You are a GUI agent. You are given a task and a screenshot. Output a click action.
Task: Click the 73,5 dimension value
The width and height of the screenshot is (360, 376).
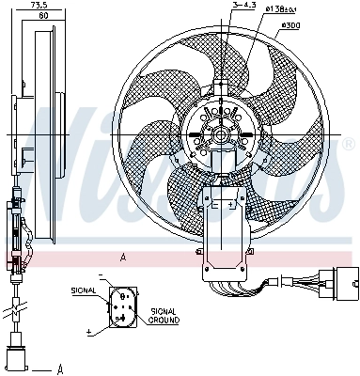(39, 6)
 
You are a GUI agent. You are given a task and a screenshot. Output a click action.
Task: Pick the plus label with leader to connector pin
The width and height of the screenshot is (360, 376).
(88, 332)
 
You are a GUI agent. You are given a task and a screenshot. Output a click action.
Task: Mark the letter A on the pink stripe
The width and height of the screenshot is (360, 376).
(122, 257)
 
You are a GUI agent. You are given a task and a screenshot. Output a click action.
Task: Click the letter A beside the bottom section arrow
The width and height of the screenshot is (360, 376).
(59, 368)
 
